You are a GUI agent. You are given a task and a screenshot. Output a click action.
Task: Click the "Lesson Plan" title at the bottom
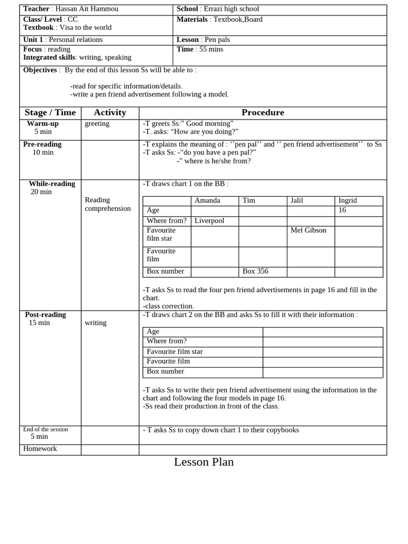[203, 462]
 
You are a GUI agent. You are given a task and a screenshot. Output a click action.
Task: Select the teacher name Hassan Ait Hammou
[87, 9]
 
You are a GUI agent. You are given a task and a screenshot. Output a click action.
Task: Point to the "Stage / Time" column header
[50, 113]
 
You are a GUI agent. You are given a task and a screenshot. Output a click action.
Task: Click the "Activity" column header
[110, 113]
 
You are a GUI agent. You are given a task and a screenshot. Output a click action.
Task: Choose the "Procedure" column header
[262, 113]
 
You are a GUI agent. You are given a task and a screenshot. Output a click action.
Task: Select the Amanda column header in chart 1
[207, 201]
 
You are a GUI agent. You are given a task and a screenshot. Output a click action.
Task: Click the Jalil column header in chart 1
[296, 201]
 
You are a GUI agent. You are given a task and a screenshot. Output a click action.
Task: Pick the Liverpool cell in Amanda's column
[209, 220]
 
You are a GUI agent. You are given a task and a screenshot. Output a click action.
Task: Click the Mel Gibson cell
[308, 231]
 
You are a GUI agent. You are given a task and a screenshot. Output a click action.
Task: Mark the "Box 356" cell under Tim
[255, 271]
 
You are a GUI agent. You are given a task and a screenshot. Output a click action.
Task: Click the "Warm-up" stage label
[42, 124]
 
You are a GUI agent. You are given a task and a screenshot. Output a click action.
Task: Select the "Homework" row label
[40, 449]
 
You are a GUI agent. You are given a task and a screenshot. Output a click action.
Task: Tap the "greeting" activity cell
[97, 124]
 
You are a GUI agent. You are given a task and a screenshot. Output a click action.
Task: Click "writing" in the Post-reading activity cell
[96, 323]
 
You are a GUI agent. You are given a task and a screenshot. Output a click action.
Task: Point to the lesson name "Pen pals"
[217, 40]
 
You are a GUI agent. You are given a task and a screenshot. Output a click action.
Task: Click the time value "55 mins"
[211, 49]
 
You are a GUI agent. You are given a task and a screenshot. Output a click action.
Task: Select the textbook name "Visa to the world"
[86, 28]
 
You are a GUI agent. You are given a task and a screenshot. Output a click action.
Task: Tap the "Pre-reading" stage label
[42, 144]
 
